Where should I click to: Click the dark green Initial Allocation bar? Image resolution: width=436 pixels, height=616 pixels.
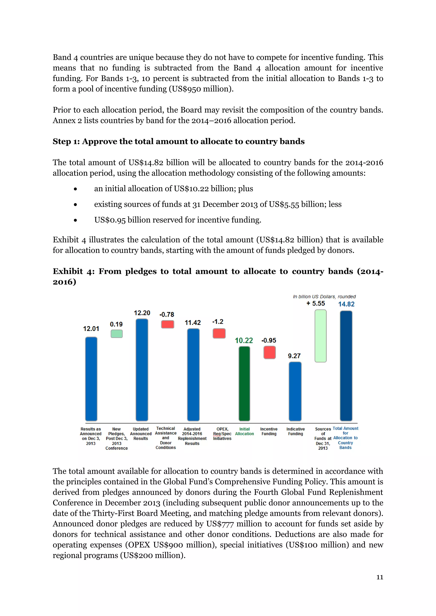tap(244, 384)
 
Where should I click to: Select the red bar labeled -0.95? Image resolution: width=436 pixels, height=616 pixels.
tap(270, 352)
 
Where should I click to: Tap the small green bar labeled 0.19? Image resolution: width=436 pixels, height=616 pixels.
tap(116, 334)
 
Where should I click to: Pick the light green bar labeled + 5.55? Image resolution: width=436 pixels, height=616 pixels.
tap(321, 336)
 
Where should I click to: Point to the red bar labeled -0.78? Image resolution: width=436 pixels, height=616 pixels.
tap(168, 324)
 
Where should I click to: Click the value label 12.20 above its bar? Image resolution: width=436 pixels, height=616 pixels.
tap(142, 313)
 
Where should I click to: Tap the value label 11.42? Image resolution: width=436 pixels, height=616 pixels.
tap(192, 322)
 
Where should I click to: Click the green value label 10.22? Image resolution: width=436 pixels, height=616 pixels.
tap(244, 341)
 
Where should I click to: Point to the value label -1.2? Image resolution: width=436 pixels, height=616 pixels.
tap(218, 321)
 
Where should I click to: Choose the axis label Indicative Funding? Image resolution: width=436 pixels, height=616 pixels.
tap(295, 431)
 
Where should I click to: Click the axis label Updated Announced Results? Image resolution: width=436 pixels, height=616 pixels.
tap(141, 433)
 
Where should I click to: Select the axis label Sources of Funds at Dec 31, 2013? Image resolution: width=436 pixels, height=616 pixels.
tap(323, 438)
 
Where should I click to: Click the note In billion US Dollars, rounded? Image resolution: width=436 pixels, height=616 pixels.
tap(324, 297)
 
